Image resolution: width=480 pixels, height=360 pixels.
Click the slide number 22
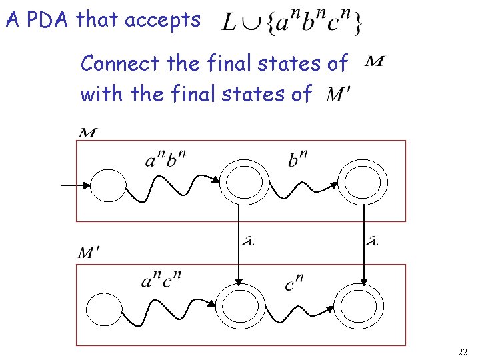click(463, 351)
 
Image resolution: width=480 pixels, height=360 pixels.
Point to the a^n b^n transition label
click(165, 160)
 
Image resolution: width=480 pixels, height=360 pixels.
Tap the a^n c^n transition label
click(161, 280)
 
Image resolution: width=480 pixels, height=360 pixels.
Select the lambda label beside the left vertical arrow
click(249, 241)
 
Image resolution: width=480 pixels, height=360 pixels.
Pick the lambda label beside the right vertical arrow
click(372, 241)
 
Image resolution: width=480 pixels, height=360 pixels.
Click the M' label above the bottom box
click(88, 253)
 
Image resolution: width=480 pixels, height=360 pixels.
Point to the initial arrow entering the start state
click(75, 185)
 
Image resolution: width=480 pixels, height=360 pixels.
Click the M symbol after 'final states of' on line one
click(375, 63)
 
